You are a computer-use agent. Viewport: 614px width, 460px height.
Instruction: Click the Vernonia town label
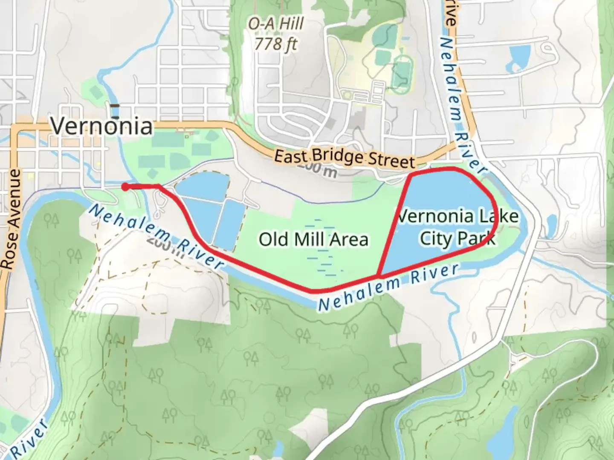click(x=101, y=126)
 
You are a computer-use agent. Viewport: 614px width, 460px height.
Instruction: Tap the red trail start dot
click(x=125, y=187)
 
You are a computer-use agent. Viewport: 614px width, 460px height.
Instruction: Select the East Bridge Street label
click(x=344, y=158)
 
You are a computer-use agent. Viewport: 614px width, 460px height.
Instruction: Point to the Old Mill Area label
click(x=313, y=239)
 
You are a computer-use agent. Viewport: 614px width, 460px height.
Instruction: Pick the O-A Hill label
click(x=276, y=24)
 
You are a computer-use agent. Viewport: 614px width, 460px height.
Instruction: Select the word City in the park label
click(x=435, y=239)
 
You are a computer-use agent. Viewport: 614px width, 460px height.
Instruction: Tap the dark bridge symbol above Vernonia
click(x=114, y=106)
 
